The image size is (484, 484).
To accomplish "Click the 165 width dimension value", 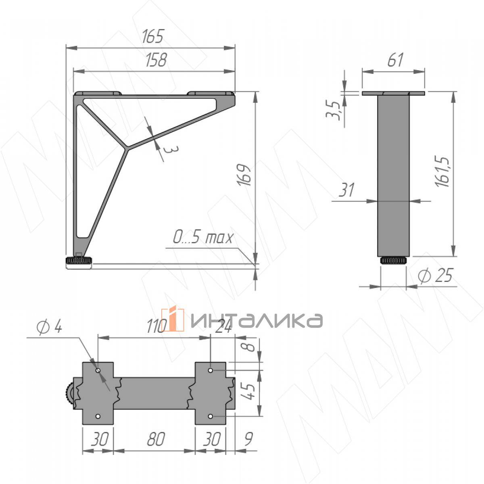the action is (x=153, y=36).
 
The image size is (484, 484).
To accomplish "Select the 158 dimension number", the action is (x=156, y=60).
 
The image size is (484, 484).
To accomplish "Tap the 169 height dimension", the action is (x=244, y=175).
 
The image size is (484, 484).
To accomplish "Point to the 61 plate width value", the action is (x=395, y=60).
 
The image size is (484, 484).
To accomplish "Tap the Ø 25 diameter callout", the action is (x=435, y=275).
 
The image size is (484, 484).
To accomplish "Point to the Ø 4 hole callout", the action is (x=49, y=327).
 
